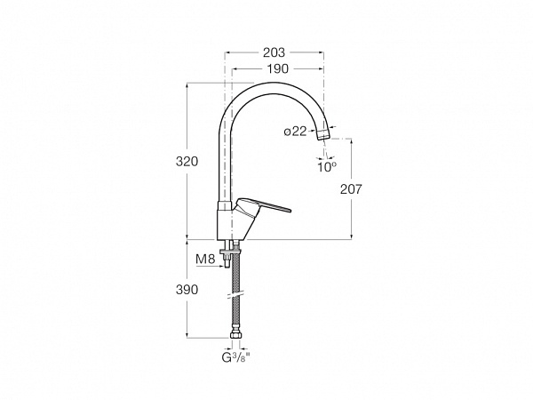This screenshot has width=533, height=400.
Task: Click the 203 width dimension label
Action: click(x=274, y=52)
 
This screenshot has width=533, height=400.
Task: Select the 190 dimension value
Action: click(x=277, y=69)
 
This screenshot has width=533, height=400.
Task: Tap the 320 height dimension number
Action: click(x=187, y=161)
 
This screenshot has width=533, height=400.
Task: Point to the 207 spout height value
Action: click(x=352, y=189)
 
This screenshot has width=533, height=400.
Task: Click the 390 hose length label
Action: click(x=187, y=290)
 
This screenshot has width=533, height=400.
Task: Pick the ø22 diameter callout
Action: click(x=296, y=132)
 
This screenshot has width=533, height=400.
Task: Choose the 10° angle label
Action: click(x=327, y=167)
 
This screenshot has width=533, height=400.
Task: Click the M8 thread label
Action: click(x=206, y=260)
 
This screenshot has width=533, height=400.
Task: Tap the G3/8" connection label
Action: click(x=235, y=357)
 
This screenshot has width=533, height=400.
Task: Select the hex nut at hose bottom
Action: click(x=236, y=335)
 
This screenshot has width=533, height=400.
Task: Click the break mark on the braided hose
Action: click(x=235, y=294)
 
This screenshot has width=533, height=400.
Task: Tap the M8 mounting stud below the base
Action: click(x=226, y=260)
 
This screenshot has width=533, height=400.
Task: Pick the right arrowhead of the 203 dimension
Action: click(x=321, y=52)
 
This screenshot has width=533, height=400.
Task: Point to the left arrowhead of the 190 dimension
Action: click(x=235, y=69)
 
